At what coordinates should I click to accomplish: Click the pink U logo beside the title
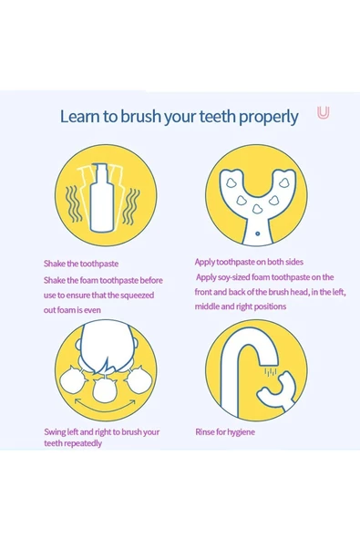pos(324,112)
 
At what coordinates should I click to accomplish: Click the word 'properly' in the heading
pos(269,118)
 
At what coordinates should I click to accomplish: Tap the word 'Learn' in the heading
pos(81,116)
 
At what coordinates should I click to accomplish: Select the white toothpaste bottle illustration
pos(102,197)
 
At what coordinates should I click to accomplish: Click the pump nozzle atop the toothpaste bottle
pos(101,168)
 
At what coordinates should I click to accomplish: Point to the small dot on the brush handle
pos(257,234)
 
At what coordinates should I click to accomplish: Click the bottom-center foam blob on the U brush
pos(257,209)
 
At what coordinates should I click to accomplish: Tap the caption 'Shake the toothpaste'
pos(81,264)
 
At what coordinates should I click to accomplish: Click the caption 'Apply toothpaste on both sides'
pos(249,262)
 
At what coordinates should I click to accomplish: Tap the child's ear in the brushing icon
pos(78,344)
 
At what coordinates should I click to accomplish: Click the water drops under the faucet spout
pos(271,371)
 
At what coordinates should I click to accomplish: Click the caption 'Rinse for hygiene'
pos(225,431)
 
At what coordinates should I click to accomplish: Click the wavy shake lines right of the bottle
pos(131,206)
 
